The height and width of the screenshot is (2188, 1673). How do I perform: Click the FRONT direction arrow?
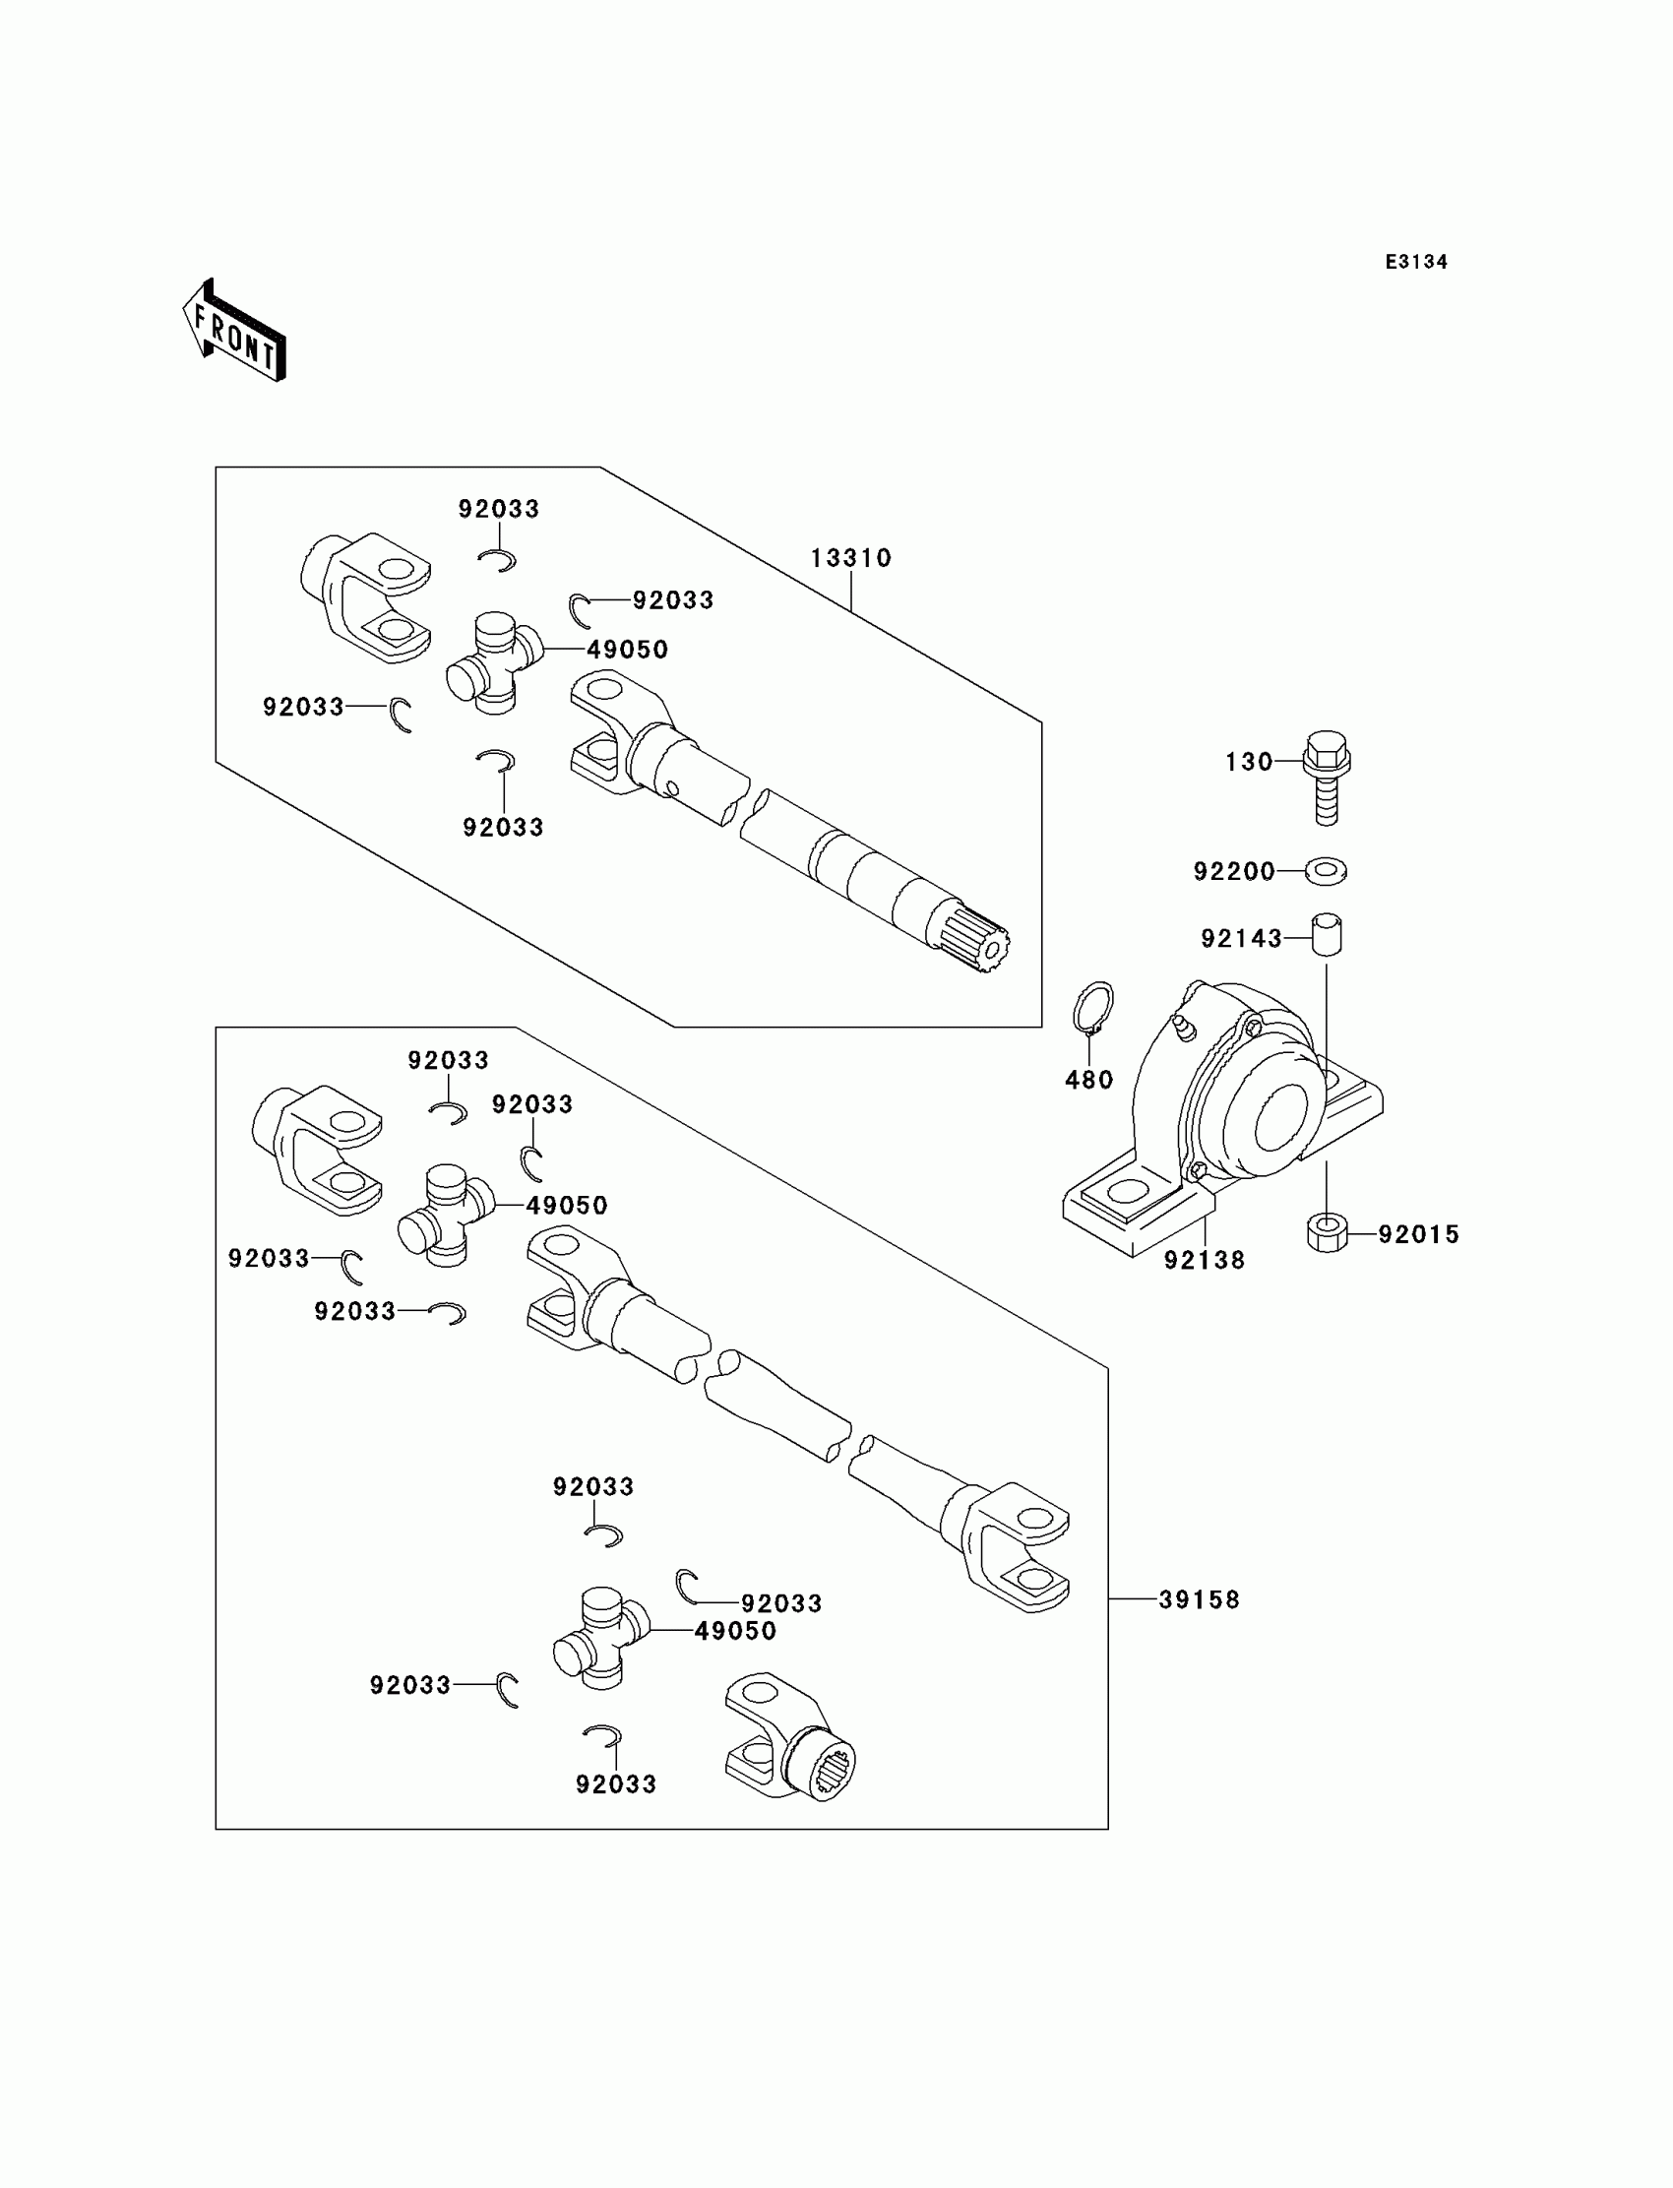(x=234, y=332)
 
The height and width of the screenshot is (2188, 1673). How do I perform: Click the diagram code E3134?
(x=1416, y=262)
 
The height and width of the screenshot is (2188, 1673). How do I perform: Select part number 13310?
(x=850, y=558)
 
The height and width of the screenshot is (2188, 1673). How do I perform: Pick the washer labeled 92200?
(x=1327, y=871)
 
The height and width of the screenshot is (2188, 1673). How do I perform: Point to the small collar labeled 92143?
(x=1326, y=935)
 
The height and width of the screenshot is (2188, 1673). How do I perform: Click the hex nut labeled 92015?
(x=1327, y=1233)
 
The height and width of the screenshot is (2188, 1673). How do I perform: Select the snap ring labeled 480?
(x=1093, y=1008)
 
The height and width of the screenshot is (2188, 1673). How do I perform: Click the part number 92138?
(x=1205, y=1260)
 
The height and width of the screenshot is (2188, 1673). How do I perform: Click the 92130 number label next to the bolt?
(x=1249, y=762)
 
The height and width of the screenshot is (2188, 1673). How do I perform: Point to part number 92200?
(x=1234, y=871)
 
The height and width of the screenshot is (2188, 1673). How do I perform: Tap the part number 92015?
(x=1418, y=1234)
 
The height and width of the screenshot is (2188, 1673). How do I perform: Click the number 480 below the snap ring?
(x=1088, y=1080)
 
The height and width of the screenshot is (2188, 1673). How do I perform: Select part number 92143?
(x=1241, y=938)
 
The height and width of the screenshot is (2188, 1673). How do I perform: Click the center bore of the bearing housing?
(x=1280, y=1116)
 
